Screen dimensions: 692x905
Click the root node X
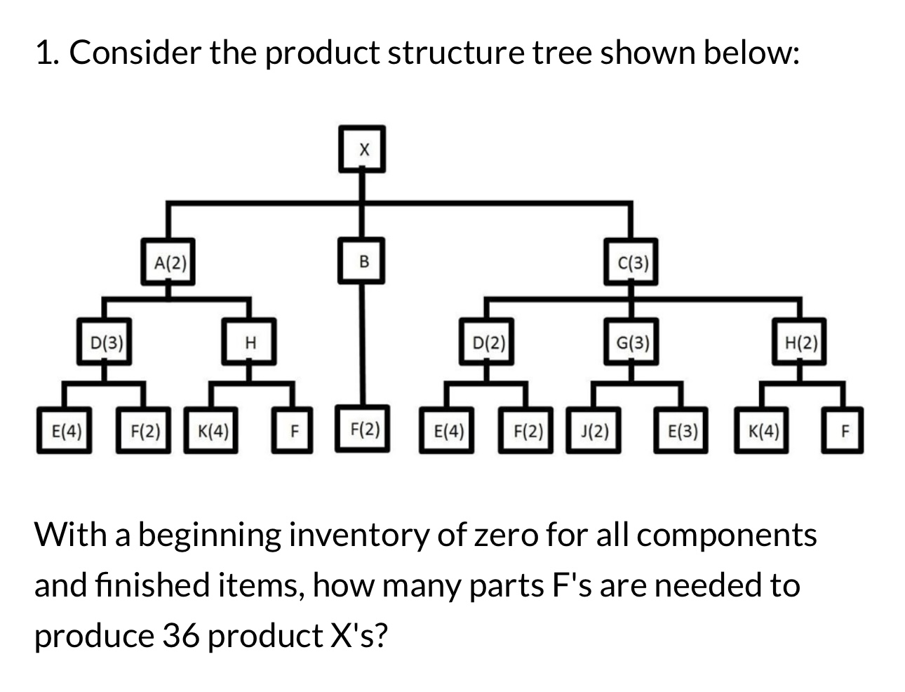(363, 149)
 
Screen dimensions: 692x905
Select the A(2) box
(168, 262)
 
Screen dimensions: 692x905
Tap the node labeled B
(363, 262)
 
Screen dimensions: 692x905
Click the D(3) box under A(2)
(106, 342)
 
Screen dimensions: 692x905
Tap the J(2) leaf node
(594, 430)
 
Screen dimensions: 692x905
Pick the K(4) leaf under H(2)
(763, 430)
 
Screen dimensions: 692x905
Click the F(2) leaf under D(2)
(527, 430)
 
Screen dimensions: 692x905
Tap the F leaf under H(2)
(844, 430)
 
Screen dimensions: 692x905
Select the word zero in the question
(503, 535)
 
